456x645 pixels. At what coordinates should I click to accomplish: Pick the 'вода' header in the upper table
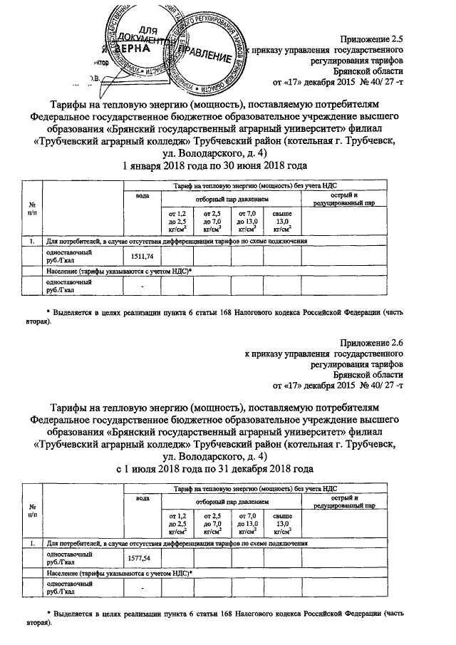142,195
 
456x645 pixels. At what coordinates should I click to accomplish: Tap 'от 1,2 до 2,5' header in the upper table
176,220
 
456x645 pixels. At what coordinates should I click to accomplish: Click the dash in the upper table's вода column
142,287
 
